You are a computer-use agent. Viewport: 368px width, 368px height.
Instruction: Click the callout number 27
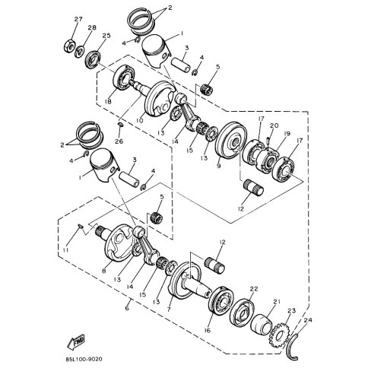pyautogui.click(x=77, y=18)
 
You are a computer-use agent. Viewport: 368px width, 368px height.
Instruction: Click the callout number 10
pyautogui.click(x=138, y=120)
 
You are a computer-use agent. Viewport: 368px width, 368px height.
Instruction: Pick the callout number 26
pyautogui.click(x=119, y=141)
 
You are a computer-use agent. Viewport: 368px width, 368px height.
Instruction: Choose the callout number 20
pyautogui.click(x=274, y=125)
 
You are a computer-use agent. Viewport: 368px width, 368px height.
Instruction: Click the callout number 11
pyautogui.click(x=66, y=249)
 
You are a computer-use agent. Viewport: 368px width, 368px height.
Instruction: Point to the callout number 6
pyautogui.click(x=126, y=309)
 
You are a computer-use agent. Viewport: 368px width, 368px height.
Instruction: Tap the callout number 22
pyautogui.click(x=254, y=288)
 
